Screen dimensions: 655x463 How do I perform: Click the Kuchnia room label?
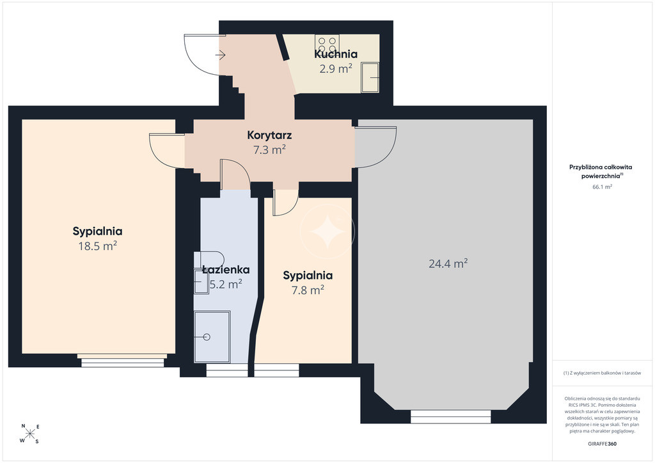click(336, 54)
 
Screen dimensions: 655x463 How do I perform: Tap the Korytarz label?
click(269, 136)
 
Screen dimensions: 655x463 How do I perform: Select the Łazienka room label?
click(226, 270)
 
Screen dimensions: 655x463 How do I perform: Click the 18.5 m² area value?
click(98, 246)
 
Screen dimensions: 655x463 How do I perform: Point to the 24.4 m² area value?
click(448, 263)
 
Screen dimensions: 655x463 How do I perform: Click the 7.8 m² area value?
click(308, 290)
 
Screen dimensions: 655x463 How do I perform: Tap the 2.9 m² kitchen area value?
click(336, 68)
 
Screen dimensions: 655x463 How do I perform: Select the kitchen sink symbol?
click(370, 77)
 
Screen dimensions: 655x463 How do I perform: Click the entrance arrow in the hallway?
click(221, 55)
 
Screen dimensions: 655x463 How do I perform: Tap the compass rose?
click(30, 434)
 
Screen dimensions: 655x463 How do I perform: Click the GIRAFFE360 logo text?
click(602, 444)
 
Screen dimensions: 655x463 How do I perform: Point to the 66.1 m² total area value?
click(602, 187)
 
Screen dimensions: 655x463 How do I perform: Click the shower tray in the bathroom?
click(212, 337)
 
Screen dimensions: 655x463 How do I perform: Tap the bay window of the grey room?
click(451, 417)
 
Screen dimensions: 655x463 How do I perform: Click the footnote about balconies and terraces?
click(602, 373)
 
